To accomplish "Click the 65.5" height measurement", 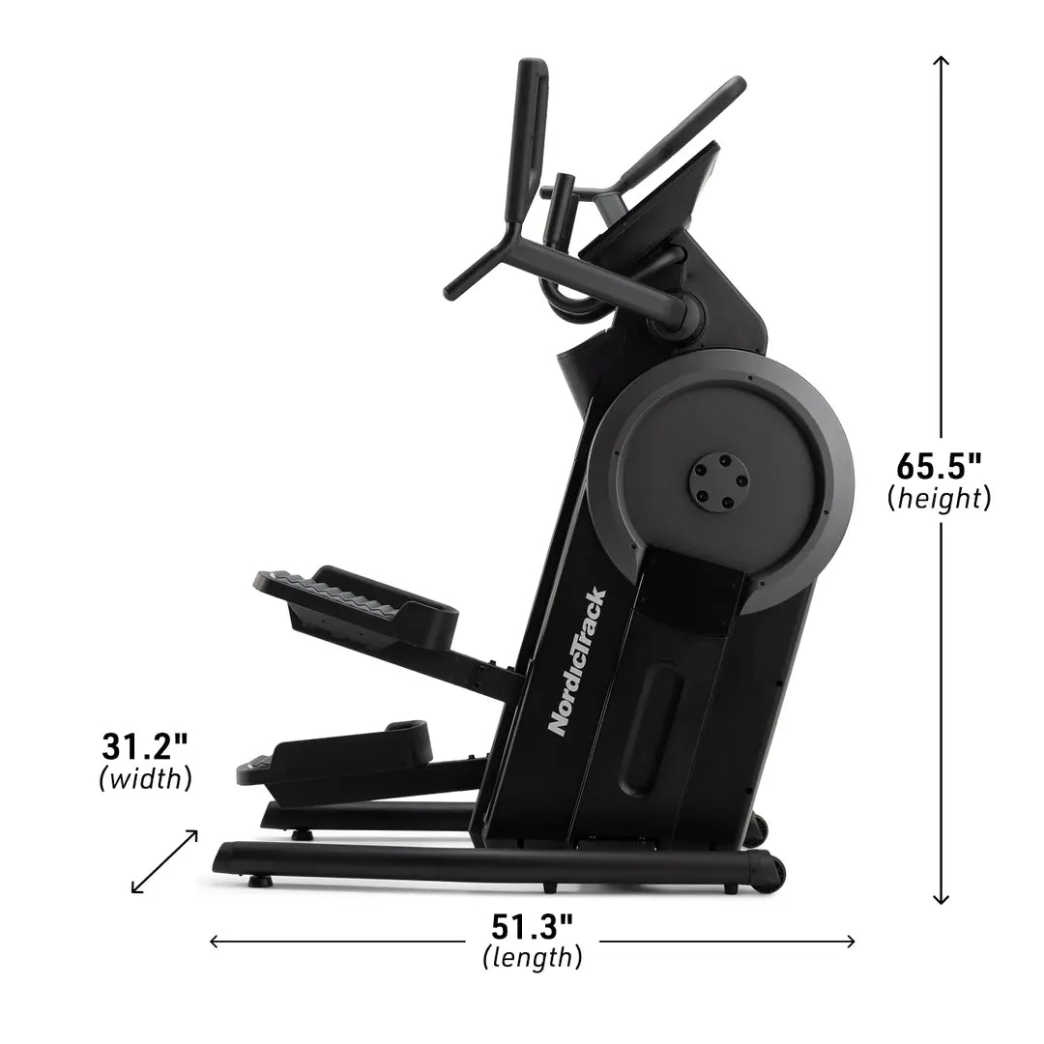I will (x=939, y=466).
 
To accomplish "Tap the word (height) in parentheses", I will (x=939, y=499).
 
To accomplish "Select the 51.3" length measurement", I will (x=532, y=926).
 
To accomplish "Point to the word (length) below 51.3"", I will (x=532, y=958).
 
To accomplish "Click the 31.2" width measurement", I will (x=145, y=747).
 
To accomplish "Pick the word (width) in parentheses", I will (x=145, y=779).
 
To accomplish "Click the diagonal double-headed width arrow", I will (x=165, y=860).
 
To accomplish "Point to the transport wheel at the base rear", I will (x=769, y=873).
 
